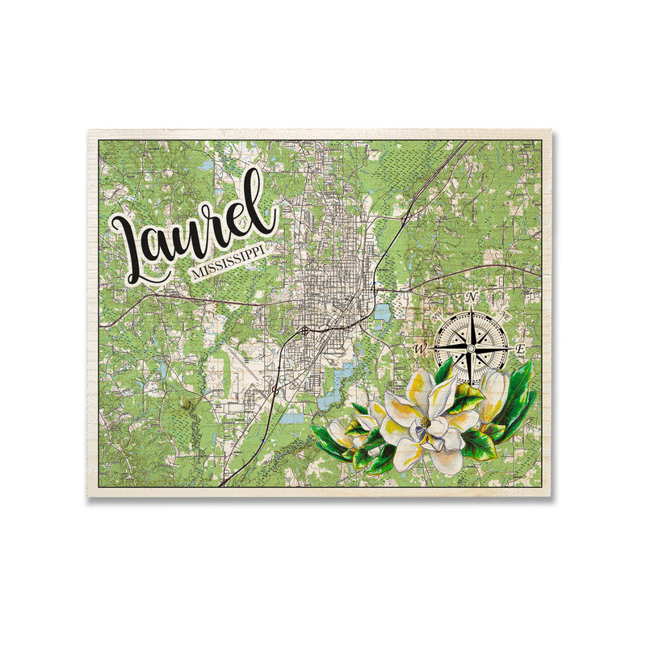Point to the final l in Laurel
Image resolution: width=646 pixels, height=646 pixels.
[267, 203]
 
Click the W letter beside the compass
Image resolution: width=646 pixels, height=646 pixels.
[420, 349]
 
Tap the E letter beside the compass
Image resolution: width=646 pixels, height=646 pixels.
[521, 349]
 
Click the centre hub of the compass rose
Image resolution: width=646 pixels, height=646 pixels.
[470, 348]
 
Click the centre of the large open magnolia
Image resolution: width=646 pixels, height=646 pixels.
[424, 424]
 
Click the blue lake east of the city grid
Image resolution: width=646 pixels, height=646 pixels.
[380, 312]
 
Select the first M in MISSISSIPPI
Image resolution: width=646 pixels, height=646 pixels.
[195, 275]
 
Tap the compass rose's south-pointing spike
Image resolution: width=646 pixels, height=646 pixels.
[470, 375]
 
